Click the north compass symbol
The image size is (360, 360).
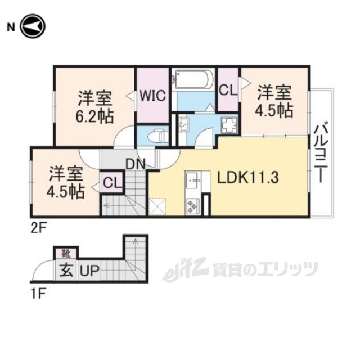tap(33, 26)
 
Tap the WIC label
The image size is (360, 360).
tap(153, 96)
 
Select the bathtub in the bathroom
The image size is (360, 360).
tap(193, 79)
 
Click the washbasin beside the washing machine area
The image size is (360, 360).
tap(184, 124)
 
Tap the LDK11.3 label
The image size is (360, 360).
tap(248, 177)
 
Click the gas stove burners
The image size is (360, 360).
tap(192, 205)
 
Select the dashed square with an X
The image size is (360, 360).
tap(157, 206)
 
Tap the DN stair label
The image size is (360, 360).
tap(136, 164)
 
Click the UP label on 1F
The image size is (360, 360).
tap(89, 271)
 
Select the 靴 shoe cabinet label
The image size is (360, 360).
tap(66, 254)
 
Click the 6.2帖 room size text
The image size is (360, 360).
tap(94, 116)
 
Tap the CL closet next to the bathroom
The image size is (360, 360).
tap(228, 90)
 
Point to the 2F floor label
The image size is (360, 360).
tap(39, 228)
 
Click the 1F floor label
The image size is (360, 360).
tap(38, 294)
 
